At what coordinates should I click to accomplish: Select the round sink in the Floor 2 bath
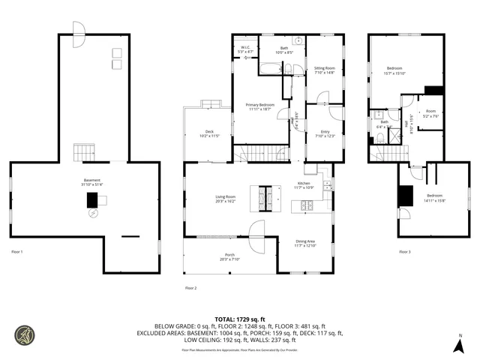298,41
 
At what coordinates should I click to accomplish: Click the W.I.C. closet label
245,50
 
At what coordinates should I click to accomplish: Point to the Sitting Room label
324,70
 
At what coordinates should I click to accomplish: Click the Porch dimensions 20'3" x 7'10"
229,259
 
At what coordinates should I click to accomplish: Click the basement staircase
82,154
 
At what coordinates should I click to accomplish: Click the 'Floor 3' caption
404,251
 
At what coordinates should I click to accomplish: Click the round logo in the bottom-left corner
24,334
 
